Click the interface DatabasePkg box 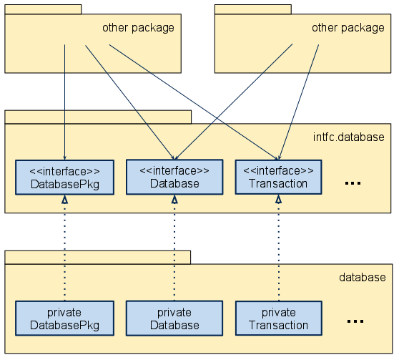point(64,177)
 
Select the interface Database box point(174,177)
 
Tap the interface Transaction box point(278,177)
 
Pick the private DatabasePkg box point(64,318)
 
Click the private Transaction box point(278,318)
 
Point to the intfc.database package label point(349,137)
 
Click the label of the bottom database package point(362,278)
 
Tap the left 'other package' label point(138,28)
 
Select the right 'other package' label point(348,28)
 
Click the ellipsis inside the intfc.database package point(353,184)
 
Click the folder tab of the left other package point(43,9)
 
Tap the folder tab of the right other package point(252,9)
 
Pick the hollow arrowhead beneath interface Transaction point(278,200)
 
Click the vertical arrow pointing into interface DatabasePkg point(65,100)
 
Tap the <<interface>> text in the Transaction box point(278,170)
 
